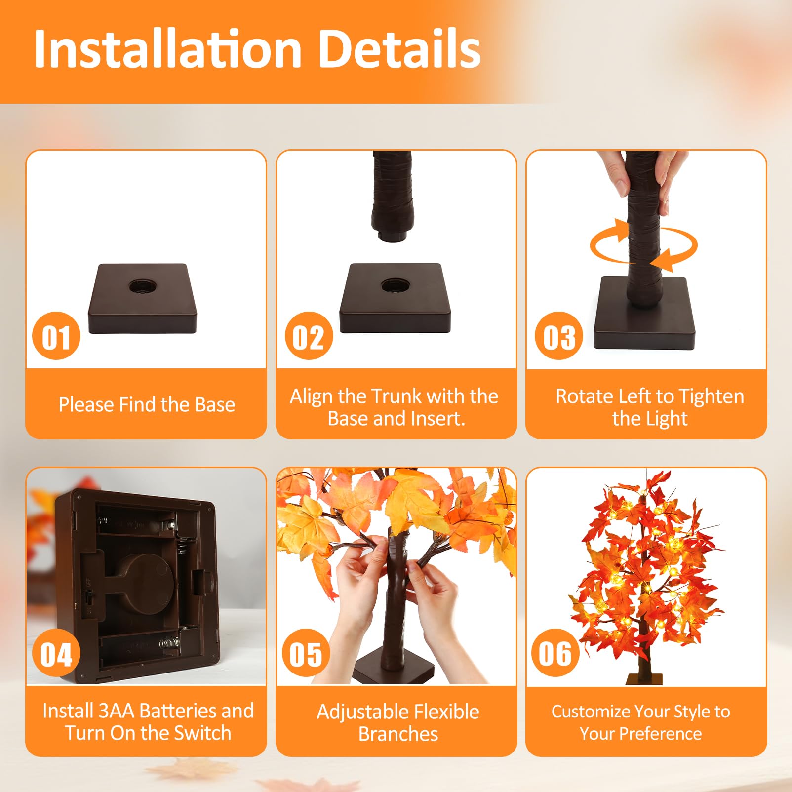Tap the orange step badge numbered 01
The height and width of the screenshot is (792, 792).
point(56,336)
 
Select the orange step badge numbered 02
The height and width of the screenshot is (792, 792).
point(309,336)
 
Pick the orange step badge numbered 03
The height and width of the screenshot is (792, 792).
point(559,336)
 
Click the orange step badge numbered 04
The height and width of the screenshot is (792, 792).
point(56,653)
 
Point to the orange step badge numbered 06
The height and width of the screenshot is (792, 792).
point(555,653)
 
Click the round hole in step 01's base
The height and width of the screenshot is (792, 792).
point(143,286)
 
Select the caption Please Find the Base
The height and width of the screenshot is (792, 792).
point(147,405)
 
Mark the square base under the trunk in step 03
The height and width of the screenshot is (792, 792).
point(644,313)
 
